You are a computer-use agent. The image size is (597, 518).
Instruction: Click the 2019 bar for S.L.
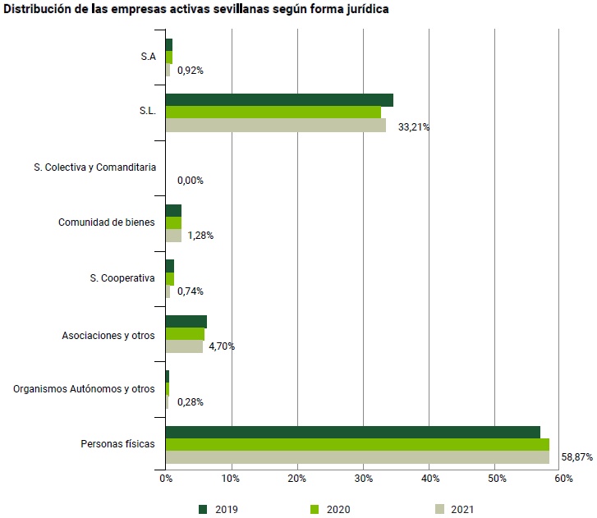coord(279,100)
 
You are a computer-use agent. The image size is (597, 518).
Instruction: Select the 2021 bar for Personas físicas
coord(357,457)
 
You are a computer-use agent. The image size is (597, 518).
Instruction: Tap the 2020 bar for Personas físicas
coord(357,445)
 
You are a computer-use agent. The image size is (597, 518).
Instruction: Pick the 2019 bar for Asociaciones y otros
coord(186,322)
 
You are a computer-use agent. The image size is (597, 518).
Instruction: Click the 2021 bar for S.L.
coord(275,126)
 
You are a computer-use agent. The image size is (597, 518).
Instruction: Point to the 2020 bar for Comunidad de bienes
coord(173,223)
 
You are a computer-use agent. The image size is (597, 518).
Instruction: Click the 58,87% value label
coord(576,457)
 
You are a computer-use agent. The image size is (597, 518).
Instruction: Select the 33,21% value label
coord(414,127)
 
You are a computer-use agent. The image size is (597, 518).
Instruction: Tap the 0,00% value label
coord(190,181)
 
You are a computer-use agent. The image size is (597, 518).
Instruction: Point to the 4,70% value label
coord(222,346)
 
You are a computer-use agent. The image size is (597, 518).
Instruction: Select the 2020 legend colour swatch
coord(315,510)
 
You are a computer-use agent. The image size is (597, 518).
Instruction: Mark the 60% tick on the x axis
coord(563,479)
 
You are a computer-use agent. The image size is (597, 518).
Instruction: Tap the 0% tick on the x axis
coord(165,479)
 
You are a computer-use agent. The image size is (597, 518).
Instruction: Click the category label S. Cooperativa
coord(122,278)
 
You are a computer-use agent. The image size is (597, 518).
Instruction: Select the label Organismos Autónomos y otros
coord(84,389)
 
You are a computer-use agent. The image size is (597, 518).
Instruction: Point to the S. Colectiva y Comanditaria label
coord(94,167)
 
